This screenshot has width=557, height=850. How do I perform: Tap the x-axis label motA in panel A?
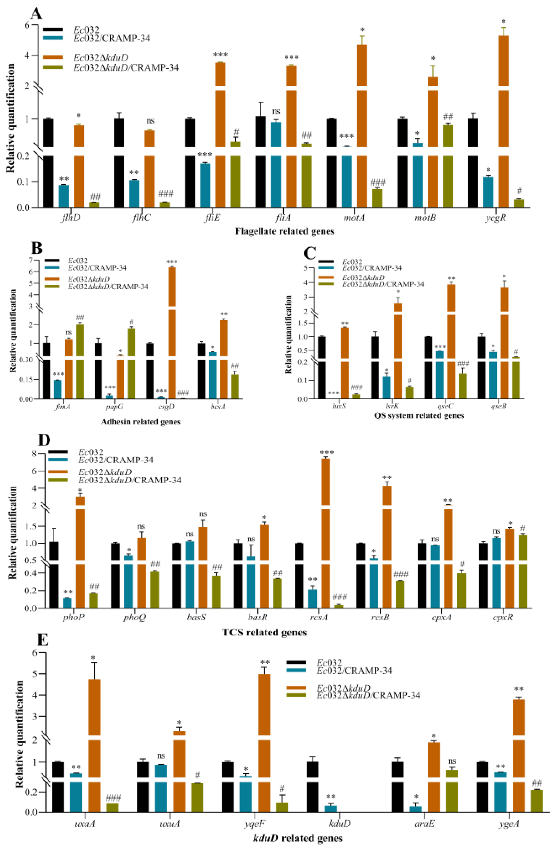(x=354, y=218)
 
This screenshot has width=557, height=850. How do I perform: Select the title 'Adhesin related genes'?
(x=140, y=422)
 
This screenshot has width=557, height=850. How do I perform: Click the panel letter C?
(x=309, y=254)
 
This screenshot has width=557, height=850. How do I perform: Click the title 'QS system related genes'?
(x=419, y=415)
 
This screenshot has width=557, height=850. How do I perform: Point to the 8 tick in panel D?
(x=34, y=454)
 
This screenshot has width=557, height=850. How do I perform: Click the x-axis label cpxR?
(x=503, y=617)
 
